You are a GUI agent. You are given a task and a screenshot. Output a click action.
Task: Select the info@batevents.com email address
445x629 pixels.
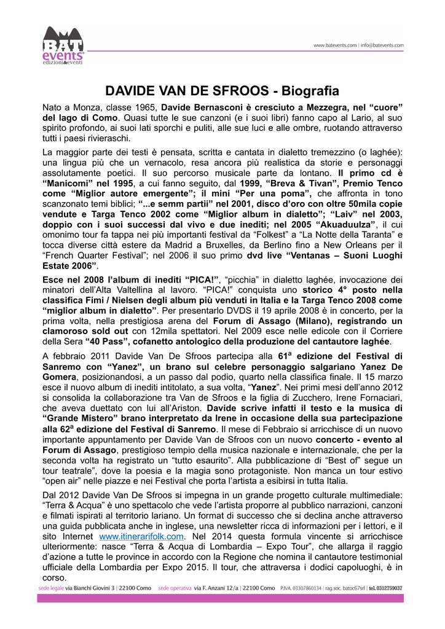tap(382, 45)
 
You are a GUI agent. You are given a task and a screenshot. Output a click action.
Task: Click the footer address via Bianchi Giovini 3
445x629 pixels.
tap(90, 588)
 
